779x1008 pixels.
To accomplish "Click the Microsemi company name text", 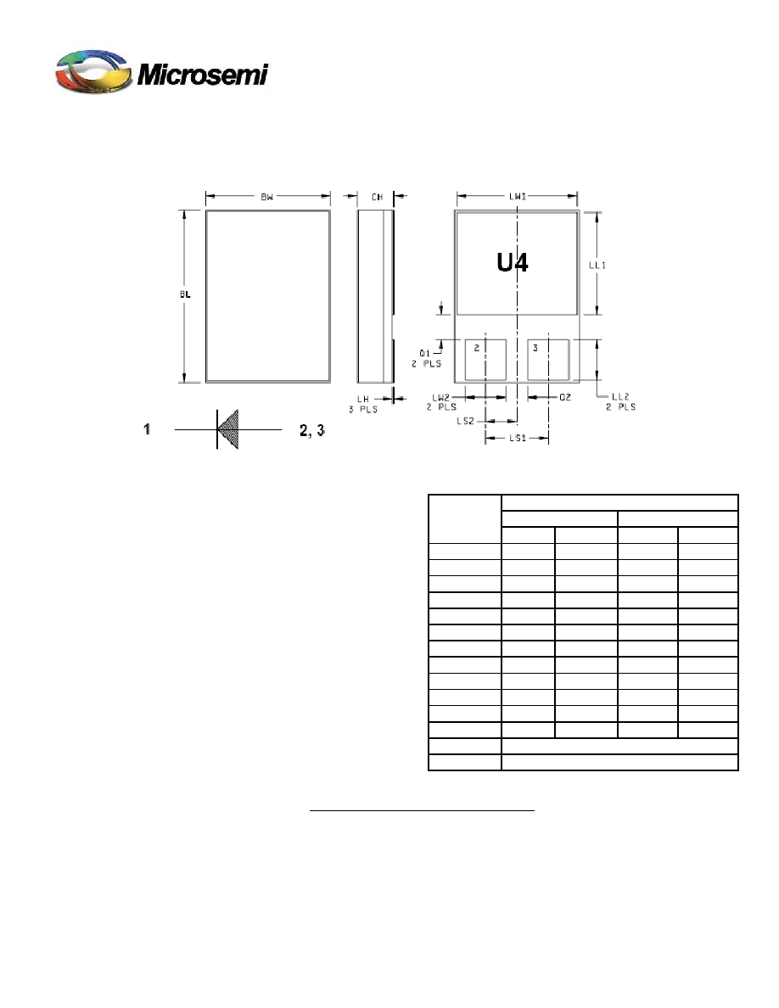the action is coord(203,75).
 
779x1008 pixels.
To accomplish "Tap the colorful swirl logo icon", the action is coord(94,70).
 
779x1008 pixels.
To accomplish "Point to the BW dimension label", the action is coord(266,197).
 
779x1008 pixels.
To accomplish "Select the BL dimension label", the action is coord(185,294).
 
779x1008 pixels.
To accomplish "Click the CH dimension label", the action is coord(377,197).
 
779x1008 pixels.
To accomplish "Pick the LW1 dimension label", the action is coord(518,196).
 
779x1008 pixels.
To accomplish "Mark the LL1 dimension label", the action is coord(597,265).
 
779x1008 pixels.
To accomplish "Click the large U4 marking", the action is coord(513,262).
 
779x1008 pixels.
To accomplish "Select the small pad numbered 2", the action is coord(485,360).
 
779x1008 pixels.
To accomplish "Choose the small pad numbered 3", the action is coord(548,360).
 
